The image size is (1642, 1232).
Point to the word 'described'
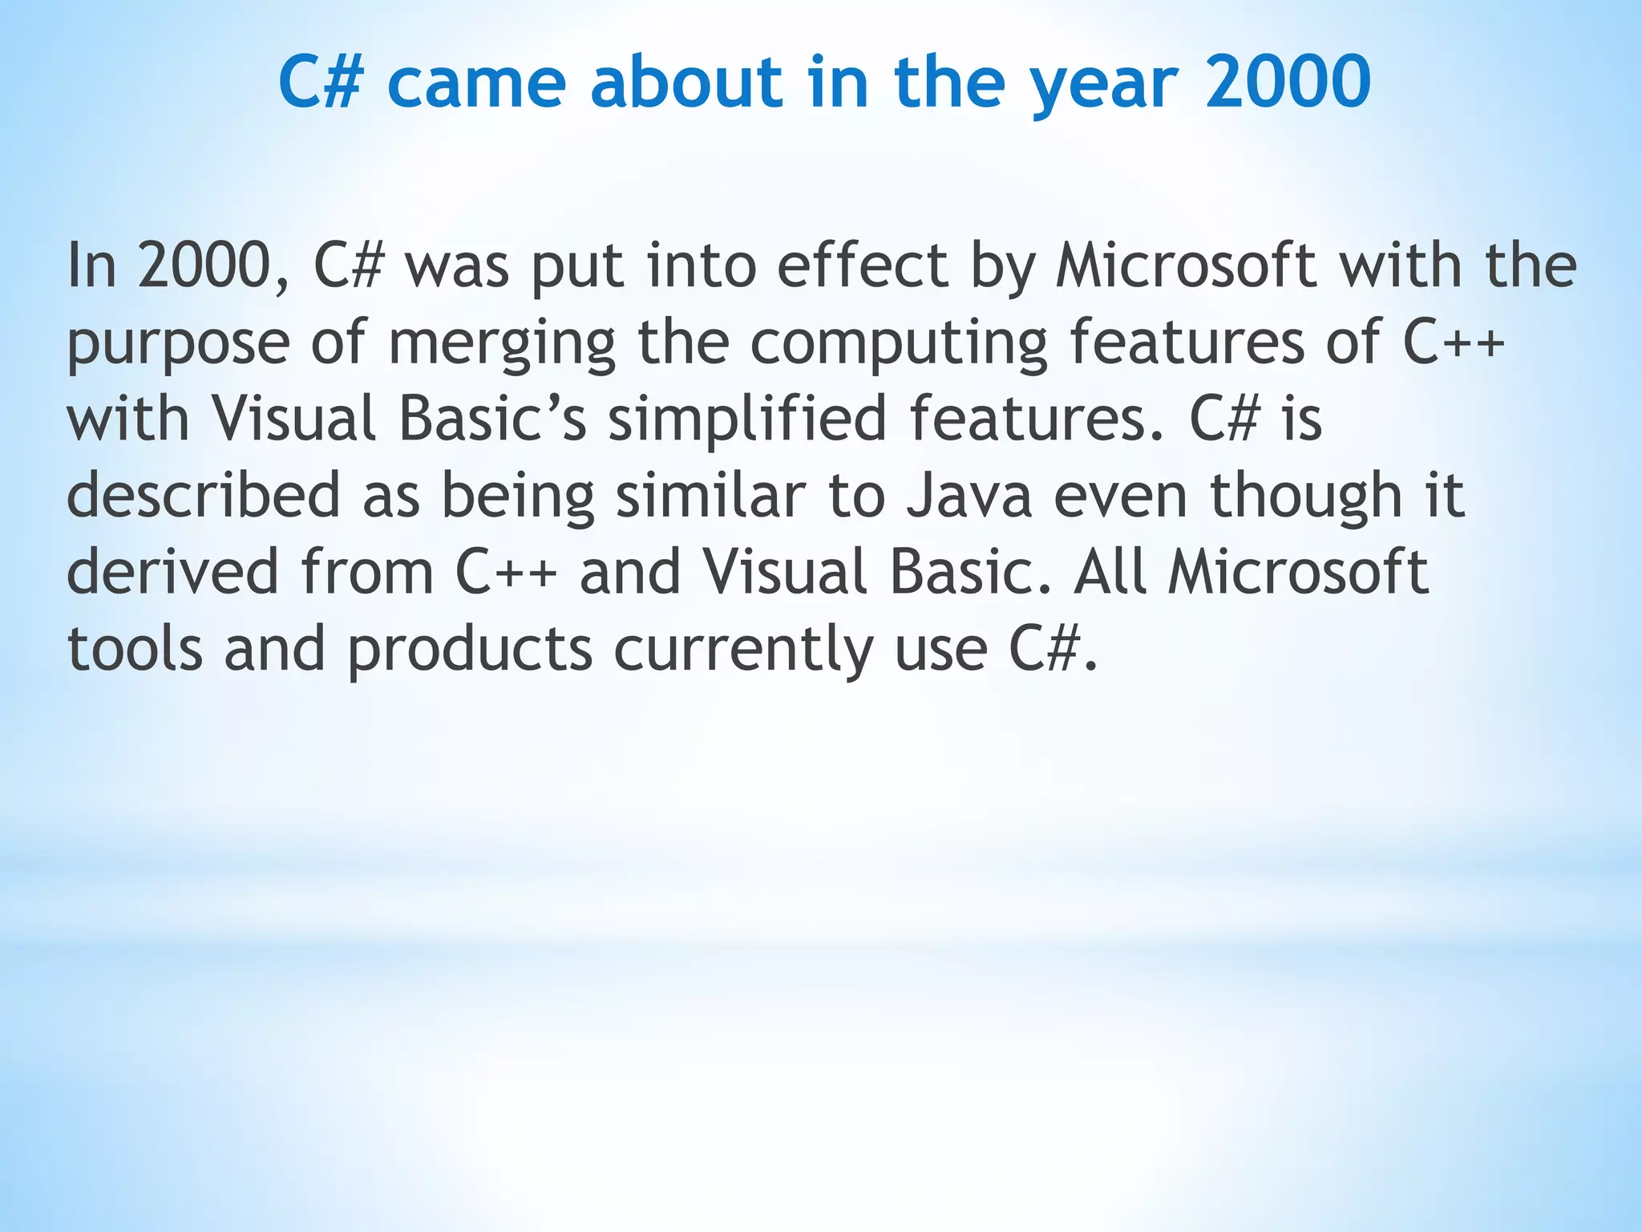pos(204,496)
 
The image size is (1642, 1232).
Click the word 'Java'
pos(969,496)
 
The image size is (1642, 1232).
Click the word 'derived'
pos(172,573)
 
